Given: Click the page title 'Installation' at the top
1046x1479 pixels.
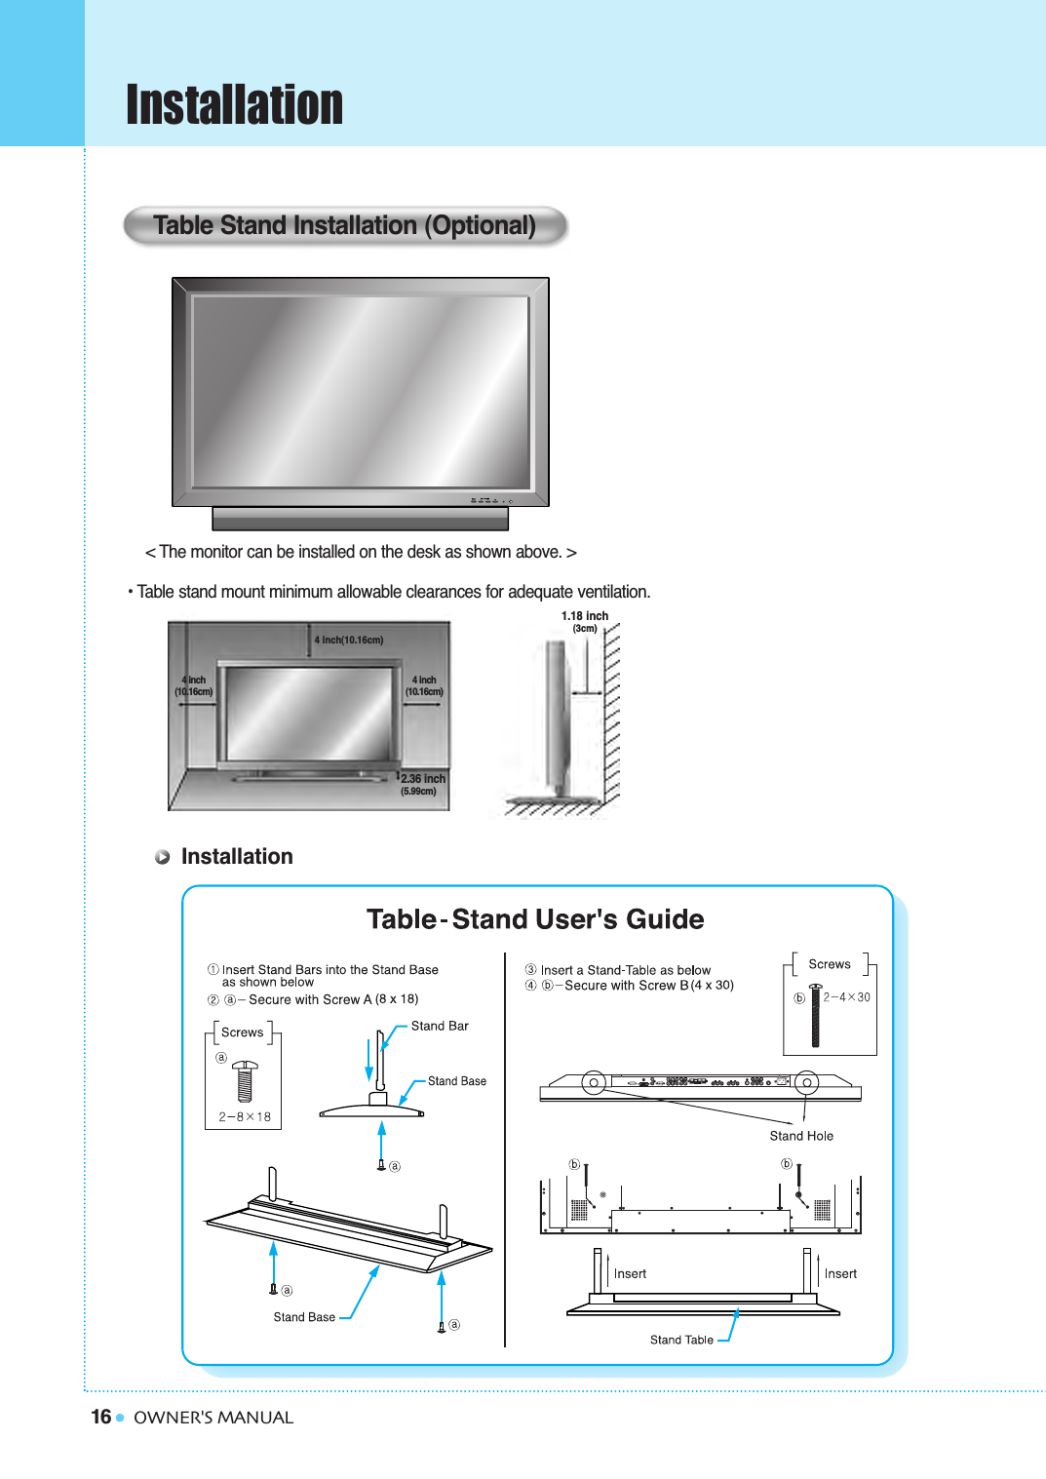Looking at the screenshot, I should (x=234, y=105).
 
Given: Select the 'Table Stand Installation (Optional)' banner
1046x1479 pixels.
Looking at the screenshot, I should (x=344, y=225).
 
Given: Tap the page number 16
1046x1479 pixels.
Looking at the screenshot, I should (x=100, y=1417).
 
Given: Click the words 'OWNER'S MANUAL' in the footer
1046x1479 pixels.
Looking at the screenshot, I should (x=213, y=1418).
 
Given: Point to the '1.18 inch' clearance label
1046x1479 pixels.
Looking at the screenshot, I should (x=584, y=616).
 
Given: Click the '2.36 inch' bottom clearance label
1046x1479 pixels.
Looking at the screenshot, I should (x=423, y=779).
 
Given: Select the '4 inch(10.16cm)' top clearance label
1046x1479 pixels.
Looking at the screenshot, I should (x=349, y=641).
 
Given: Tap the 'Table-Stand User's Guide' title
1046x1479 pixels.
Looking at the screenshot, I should (x=535, y=919).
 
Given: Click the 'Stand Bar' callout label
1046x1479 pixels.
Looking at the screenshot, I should (x=440, y=1026).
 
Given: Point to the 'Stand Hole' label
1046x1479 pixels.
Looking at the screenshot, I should (x=801, y=1136).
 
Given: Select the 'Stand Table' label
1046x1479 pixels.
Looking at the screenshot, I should (x=681, y=1340).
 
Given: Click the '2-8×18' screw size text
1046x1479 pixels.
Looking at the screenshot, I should (x=245, y=1117).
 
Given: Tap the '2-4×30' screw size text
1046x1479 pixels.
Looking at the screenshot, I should (x=846, y=997).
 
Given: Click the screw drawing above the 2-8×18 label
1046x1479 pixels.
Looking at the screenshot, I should (x=245, y=1080).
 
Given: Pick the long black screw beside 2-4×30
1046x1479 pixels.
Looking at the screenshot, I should (x=816, y=1016).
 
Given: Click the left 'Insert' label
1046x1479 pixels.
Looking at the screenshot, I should (x=630, y=1273).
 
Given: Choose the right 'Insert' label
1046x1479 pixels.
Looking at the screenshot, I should (x=840, y=1273).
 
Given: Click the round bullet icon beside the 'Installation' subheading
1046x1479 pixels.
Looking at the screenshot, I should (x=163, y=857).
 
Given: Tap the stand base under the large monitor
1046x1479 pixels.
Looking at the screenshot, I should (x=360, y=519).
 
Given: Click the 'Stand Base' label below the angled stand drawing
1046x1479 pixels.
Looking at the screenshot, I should (x=304, y=1317).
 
